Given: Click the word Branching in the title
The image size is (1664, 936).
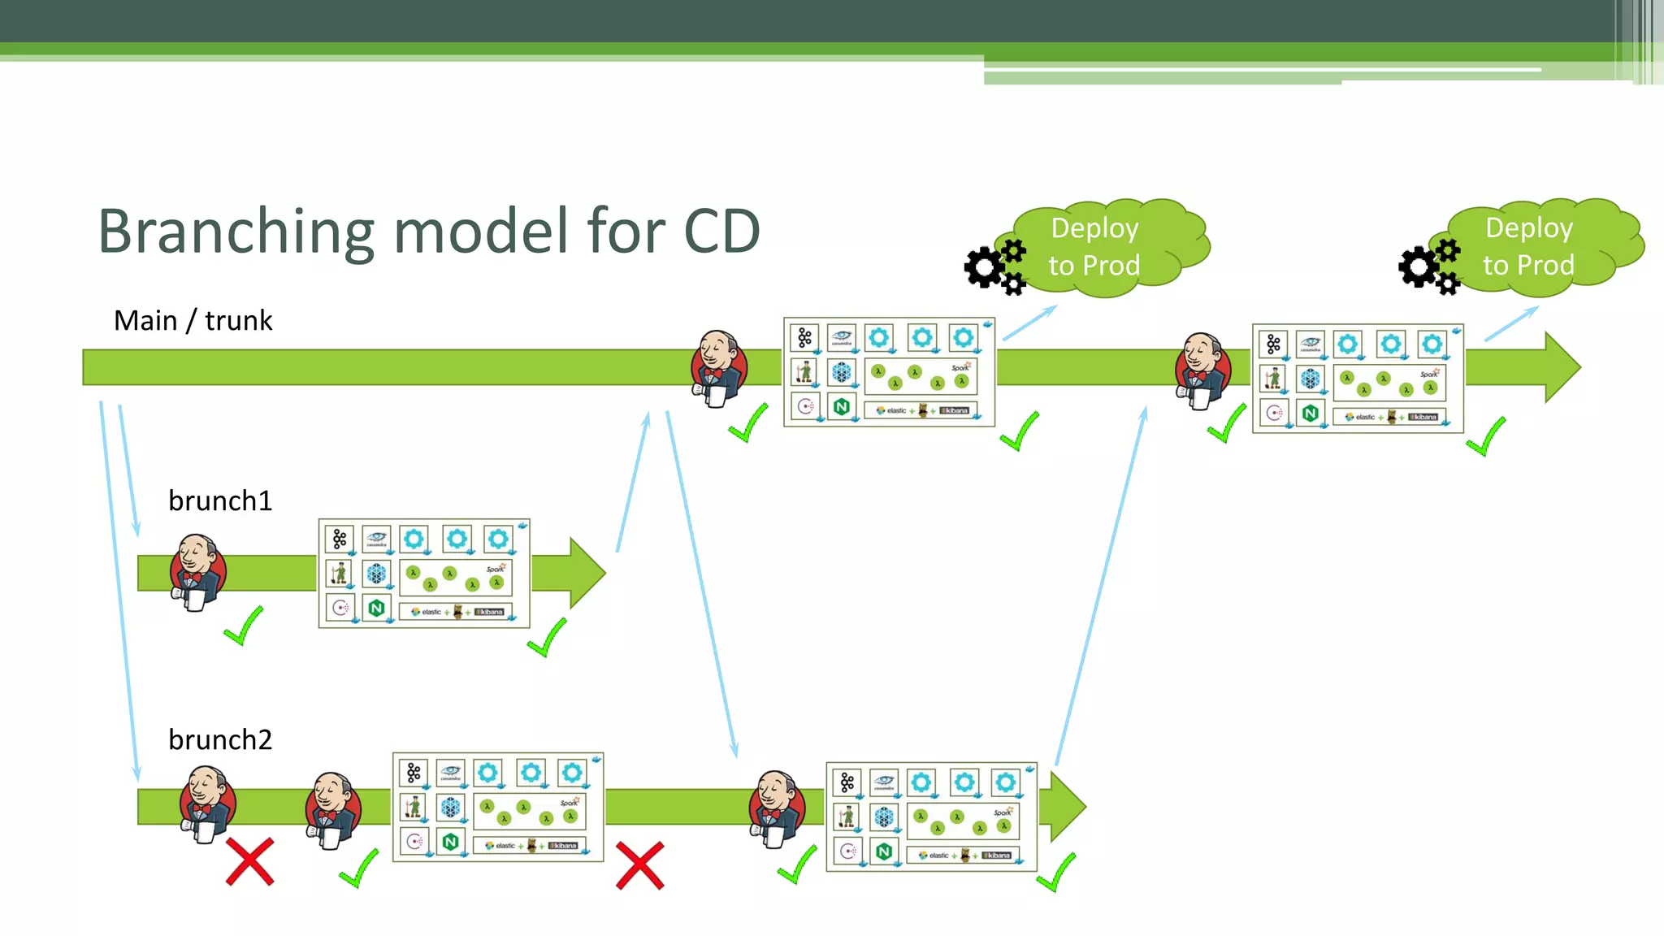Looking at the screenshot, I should click(x=236, y=232).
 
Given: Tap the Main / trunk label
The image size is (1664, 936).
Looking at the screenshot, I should click(x=193, y=321).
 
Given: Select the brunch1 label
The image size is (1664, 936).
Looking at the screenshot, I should click(x=219, y=500).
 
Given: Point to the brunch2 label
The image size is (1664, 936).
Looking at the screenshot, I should click(x=219, y=739).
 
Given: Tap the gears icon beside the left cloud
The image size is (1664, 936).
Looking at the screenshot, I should click(x=994, y=266).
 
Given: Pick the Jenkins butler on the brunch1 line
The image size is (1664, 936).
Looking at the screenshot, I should click(x=197, y=572).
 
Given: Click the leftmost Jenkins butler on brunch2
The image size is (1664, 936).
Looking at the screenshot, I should click(x=206, y=805).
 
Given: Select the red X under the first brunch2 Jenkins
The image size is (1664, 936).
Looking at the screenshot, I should click(x=249, y=862).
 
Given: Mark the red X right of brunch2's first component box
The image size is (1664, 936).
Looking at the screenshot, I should click(x=639, y=865).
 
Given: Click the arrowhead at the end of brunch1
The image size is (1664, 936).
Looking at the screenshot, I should click(x=587, y=573).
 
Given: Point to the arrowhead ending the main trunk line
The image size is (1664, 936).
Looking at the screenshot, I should click(x=1561, y=367).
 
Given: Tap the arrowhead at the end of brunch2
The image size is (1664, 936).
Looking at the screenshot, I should click(x=1067, y=807).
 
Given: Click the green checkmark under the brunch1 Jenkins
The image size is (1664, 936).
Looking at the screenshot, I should click(x=243, y=626).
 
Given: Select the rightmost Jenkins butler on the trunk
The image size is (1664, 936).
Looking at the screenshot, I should click(x=1202, y=370).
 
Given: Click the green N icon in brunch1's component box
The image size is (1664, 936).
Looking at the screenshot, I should click(x=375, y=608).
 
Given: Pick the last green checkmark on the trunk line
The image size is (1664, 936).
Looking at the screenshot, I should click(x=1486, y=437).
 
